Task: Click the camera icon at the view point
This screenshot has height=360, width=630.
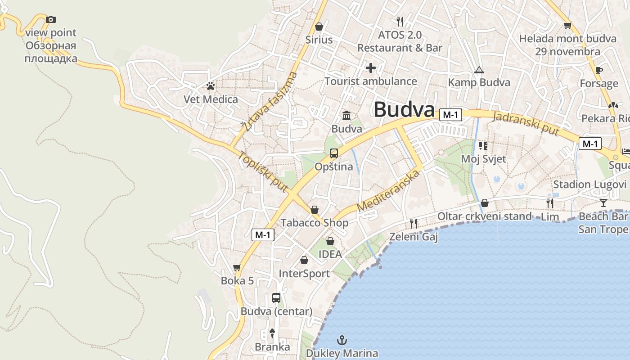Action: click(x=51, y=19)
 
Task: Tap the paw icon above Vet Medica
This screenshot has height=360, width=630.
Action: click(x=211, y=85)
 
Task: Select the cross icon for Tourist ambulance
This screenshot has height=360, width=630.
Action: click(x=371, y=68)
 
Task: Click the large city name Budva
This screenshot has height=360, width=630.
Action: click(x=404, y=110)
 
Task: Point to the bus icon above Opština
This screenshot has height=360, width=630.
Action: click(x=333, y=153)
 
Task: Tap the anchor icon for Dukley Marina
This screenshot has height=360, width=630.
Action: click(x=342, y=340)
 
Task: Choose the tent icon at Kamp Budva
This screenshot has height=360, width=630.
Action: click(x=479, y=70)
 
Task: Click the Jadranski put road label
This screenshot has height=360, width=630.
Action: click(x=526, y=123)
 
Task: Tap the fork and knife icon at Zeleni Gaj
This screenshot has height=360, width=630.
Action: click(x=414, y=223)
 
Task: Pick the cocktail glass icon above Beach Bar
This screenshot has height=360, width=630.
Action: click(x=603, y=202)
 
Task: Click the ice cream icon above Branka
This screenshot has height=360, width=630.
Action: click(x=272, y=333)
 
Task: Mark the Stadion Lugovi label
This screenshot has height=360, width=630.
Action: click(x=589, y=184)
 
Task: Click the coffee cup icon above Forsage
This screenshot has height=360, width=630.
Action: click(x=598, y=70)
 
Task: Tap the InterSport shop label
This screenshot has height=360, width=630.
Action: click(x=304, y=274)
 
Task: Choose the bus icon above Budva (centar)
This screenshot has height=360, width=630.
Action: click(x=276, y=298)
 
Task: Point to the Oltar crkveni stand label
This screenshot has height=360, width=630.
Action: click(x=485, y=216)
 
